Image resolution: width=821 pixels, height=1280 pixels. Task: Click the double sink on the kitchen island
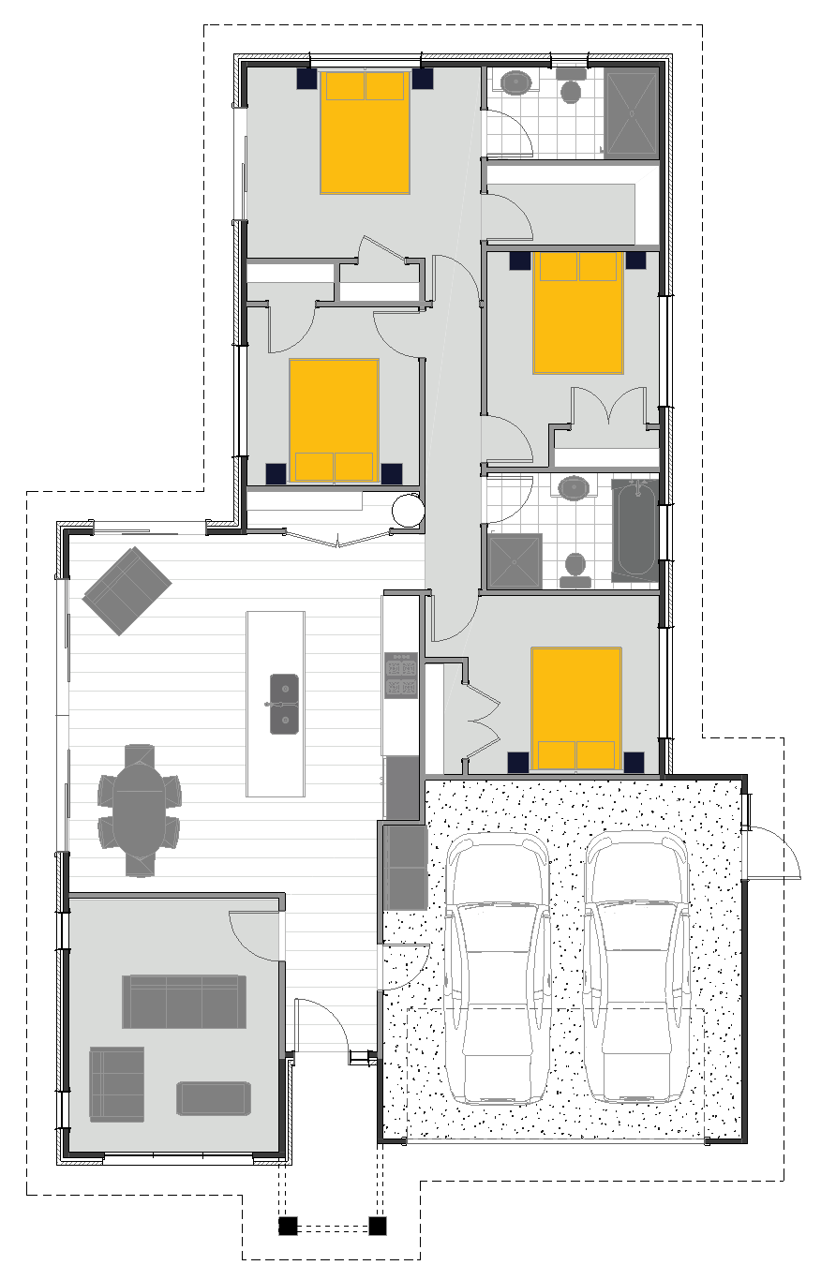click(286, 703)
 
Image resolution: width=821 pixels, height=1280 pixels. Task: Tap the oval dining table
click(139, 811)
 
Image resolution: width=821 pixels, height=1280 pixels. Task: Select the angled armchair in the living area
click(127, 590)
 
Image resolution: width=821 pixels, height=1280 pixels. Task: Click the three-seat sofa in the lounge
click(184, 1001)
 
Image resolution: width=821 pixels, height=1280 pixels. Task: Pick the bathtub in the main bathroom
click(634, 529)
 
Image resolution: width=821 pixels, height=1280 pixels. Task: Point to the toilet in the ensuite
click(571, 89)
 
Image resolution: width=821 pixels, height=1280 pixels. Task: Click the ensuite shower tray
click(632, 112)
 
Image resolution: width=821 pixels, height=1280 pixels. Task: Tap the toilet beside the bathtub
click(575, 568)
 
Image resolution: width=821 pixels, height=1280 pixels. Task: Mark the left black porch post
click(288, 1225)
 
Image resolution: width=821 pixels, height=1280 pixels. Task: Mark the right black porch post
click(378, 1225)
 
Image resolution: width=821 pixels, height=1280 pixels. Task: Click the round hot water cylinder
click(409, 510)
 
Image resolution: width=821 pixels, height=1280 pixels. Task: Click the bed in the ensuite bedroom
click(366, 131)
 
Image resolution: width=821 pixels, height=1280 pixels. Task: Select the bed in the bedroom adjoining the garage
click(576, 707)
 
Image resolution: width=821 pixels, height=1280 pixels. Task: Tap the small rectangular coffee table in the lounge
click(214, 1098)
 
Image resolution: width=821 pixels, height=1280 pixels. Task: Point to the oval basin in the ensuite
click(516, 82)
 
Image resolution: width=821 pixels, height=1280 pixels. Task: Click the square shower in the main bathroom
click(515, 560)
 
